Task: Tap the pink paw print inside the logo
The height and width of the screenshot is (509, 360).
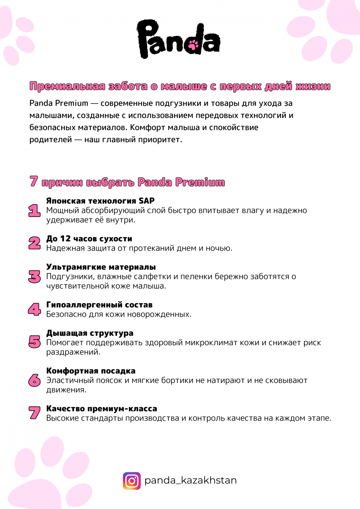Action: [193, 45]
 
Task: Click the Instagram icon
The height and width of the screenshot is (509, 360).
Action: [132, 481]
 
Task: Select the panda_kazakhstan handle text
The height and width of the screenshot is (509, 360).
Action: [190, 480]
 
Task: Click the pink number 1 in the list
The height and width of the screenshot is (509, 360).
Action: [34, 211]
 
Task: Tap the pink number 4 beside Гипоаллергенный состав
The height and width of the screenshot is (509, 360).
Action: [34, 309]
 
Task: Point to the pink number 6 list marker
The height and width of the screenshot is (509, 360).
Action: [34, 380]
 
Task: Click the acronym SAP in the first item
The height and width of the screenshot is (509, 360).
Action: [146, 201]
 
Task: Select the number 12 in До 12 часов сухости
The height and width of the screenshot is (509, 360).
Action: [65, 239]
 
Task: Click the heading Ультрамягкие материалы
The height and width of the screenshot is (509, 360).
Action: [101, 267]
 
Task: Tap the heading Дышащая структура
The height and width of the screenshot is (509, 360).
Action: [90, 333]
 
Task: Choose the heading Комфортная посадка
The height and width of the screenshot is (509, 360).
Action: [91, 371]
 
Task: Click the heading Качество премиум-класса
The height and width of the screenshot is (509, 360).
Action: [102, 409]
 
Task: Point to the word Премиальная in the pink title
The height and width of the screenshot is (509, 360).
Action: [67, 86]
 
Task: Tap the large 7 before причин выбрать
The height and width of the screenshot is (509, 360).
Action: [33, 181]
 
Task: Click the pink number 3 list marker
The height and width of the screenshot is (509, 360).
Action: [34, 276]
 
